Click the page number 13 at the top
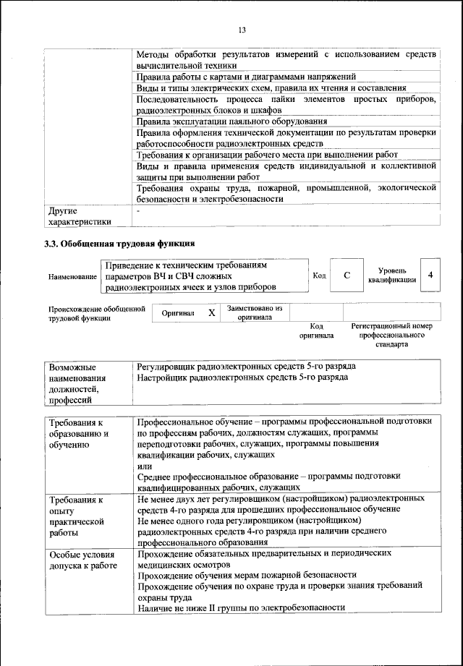click(242, 29)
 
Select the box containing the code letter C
click(347, 276)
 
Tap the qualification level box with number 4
click(430, 276)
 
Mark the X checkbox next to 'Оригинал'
click(211, 313)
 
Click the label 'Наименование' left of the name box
click(72, 277)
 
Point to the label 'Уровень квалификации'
click(391, 276)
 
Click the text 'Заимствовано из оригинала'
click(254, 312)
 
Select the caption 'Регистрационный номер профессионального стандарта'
click(391, 336)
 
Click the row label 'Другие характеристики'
click(79, 216)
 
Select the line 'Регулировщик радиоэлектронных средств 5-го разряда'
click(246, 367)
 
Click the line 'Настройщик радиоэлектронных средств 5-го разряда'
click(242, 377)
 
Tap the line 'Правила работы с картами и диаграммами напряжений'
click(246, 76)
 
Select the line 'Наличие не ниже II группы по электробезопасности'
click(240, 608)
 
